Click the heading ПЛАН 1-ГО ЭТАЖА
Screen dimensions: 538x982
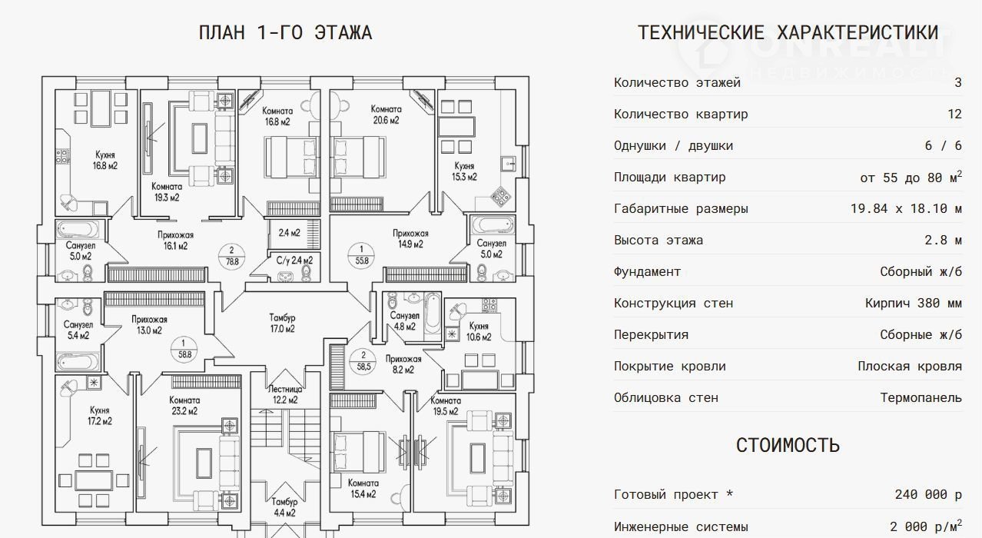[285, 33]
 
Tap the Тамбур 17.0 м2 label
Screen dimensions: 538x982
[282, 324]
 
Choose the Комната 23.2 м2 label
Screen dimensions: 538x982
[184, 405]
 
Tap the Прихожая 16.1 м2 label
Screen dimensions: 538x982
[172, 240]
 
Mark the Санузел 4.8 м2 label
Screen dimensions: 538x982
[404, 320]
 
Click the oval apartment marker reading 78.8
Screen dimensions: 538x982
[230, 255]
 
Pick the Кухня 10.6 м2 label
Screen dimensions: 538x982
[478, 330]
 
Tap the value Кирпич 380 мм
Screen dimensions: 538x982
[913, 304]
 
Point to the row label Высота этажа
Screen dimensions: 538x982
[658, 241]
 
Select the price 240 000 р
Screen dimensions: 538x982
[928, 495]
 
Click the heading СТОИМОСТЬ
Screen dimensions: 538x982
[788, 446]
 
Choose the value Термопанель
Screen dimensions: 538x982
[921, 398]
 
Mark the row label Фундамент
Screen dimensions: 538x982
[647, 272]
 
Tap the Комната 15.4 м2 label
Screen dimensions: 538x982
[363, 488]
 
